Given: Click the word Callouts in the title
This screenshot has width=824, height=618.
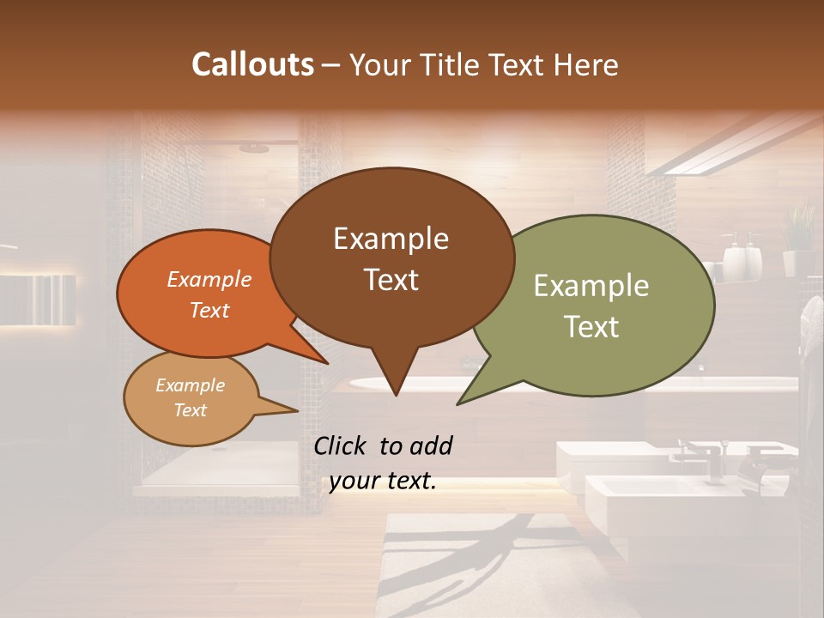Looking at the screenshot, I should [252, 64].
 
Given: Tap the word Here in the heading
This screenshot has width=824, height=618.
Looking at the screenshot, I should [584, 64].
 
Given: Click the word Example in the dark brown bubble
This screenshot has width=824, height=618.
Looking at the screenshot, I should [391, 239].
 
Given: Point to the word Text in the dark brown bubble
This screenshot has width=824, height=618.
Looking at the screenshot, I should [391, 280].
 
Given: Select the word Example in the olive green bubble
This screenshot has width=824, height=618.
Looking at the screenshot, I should [591, 286].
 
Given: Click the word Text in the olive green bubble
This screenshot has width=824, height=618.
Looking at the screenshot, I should [591, 327].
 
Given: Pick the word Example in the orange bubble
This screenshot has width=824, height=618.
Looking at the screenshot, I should [209, 280].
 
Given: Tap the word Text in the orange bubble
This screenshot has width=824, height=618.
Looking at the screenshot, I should [209, 311].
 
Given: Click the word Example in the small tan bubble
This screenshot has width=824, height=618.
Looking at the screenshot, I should [190, 385].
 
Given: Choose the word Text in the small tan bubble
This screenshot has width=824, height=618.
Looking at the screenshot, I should [190, 410].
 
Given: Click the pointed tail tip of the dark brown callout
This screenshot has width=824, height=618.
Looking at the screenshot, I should [395, 395].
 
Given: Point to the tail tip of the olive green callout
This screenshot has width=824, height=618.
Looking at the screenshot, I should [458, 403].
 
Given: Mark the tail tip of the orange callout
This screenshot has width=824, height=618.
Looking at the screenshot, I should [327, 363].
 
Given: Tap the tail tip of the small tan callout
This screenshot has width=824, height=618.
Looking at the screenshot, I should [297, 410].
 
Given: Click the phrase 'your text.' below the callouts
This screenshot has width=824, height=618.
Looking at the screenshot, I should [382, 482].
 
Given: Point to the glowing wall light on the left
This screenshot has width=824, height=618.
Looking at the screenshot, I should [39, 300].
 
